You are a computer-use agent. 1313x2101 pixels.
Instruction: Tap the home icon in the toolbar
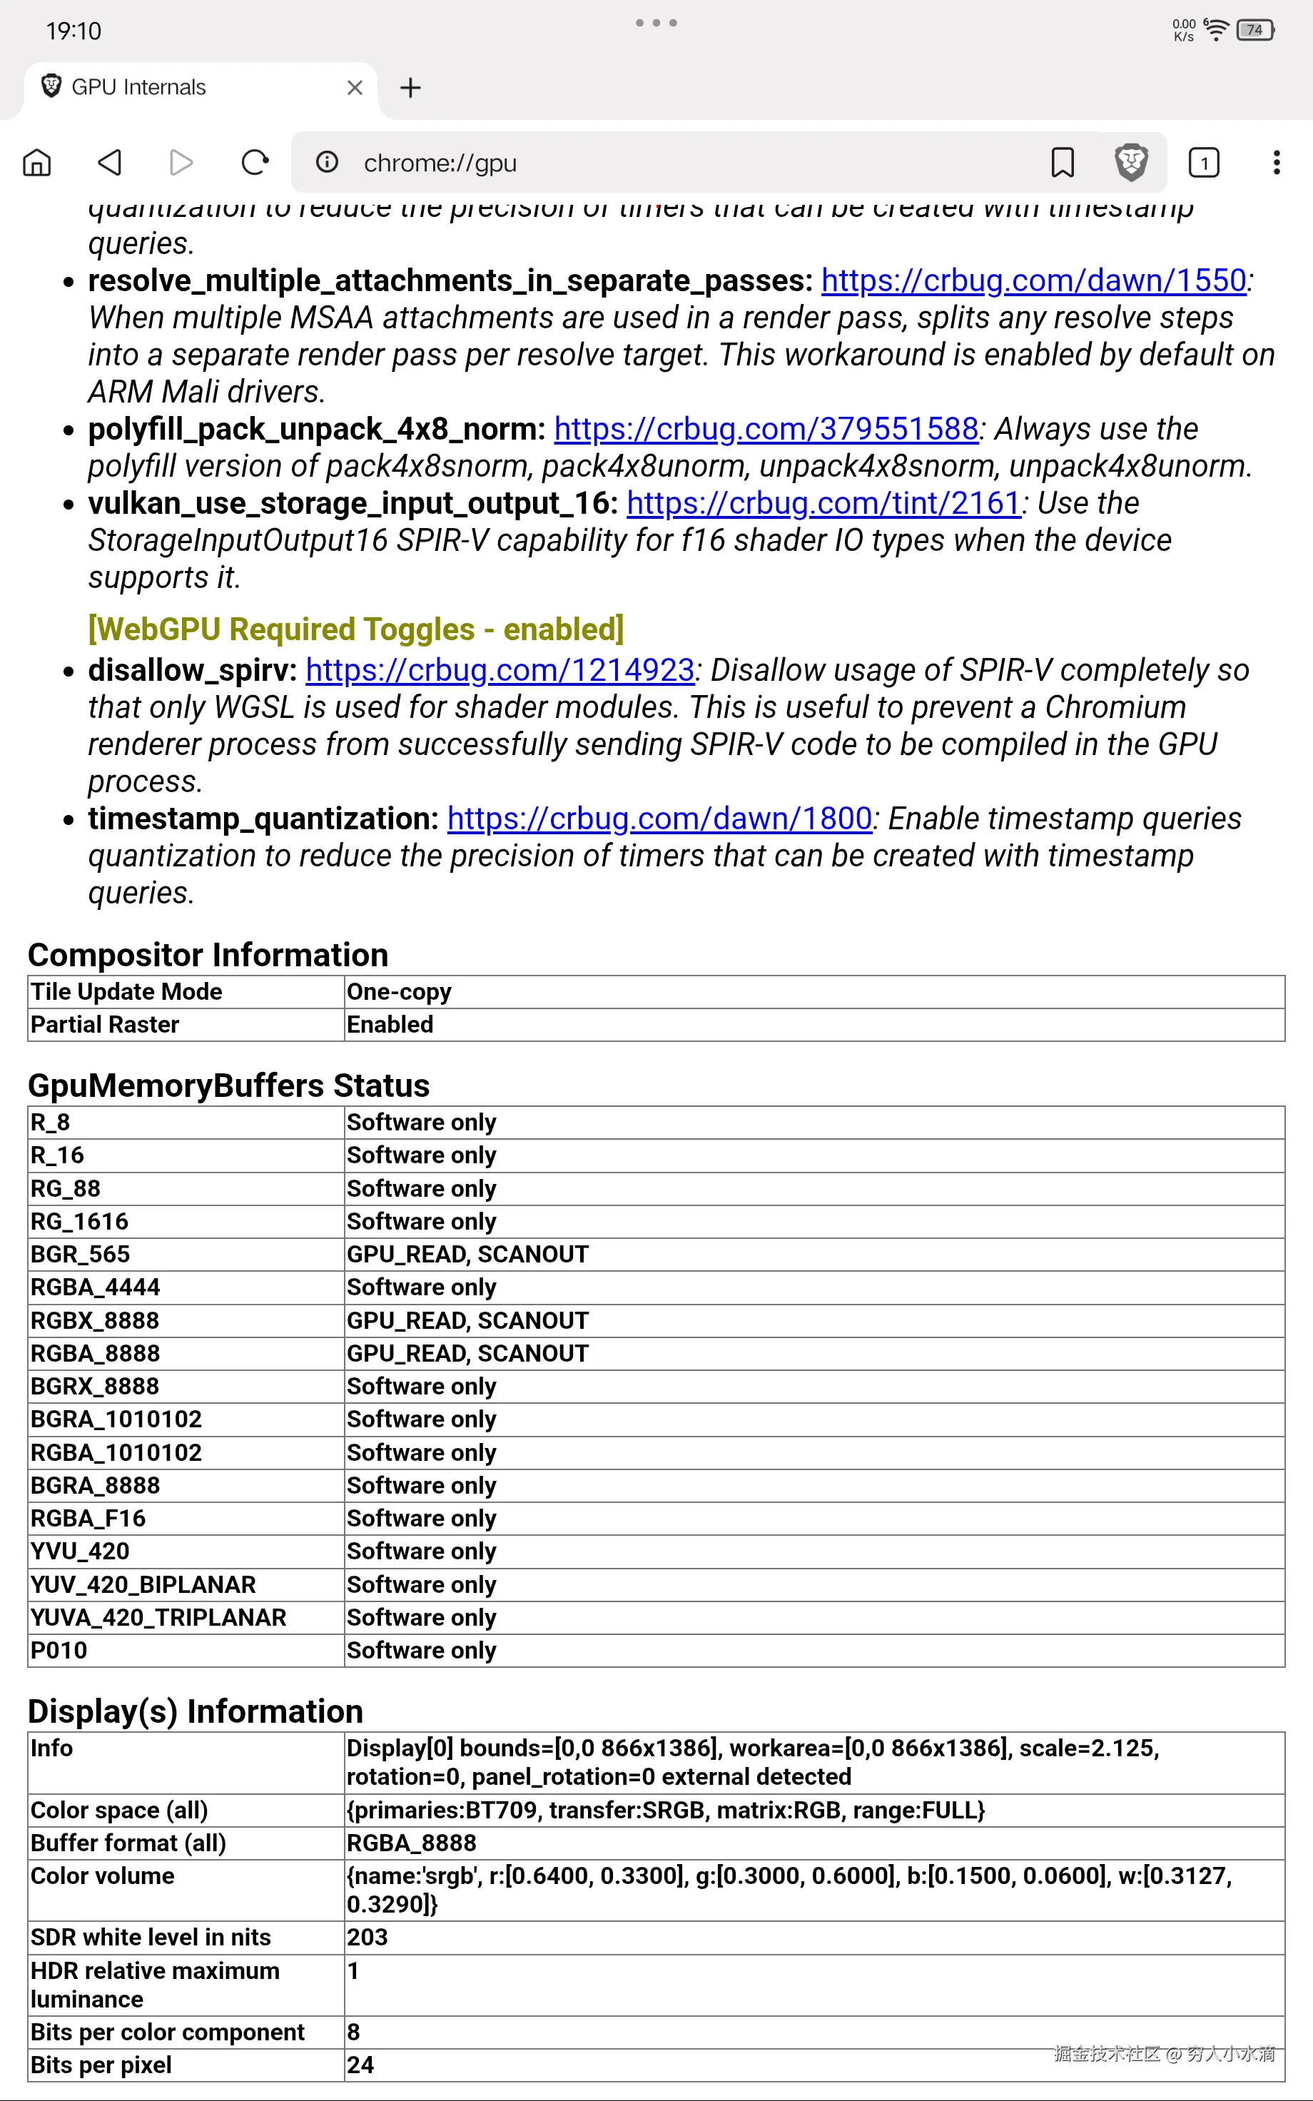pyautogui.click(x=36, y=162)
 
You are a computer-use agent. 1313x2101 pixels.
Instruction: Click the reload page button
pyautogui.click(x=255, y=162)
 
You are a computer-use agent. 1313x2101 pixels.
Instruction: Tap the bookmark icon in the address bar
pyautogui.click(x=1062, y=162)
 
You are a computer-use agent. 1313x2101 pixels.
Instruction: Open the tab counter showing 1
pyautogui.click(x=1204, y=162)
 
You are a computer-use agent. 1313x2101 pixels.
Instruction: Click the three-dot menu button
pyautogui.click(x=1276, y=162)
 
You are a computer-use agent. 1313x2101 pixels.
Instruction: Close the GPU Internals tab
pyautogui.click(x=355, y=88)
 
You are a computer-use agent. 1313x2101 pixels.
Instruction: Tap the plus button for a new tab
pyautogui.click(x=410, y=88)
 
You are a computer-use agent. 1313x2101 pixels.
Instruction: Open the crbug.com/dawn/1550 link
pyautogui.click(x=1033, y=280)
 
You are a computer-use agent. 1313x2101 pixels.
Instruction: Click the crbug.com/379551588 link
pyautogui.click(x=766, y=429)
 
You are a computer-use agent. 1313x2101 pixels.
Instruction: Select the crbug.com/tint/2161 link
pyautogui.click(x=823, y=504)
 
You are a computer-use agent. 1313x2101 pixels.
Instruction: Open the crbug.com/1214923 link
pyautogui.click(x=500, y=670)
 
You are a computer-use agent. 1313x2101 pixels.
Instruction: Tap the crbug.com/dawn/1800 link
pyautogui.click(x=659, y=819)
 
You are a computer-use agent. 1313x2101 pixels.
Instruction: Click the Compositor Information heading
pyautogui.click(x=208, y=955)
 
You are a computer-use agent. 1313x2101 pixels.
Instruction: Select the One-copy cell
pyautogui.click(x=400, y=991)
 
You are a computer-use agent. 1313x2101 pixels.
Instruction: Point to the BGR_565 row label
pyautogui.click(x=80, y=1254)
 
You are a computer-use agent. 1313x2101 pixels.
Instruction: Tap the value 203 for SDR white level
pyautogui.click(x=367, y=1937)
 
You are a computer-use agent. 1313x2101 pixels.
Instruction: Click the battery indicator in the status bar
pyautogui.click(x=1254, y=31)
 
